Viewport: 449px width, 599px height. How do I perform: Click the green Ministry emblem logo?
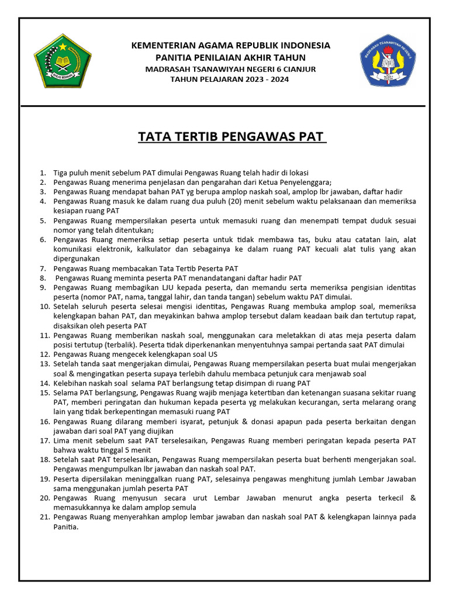pyautogui.click(x=58, y=61)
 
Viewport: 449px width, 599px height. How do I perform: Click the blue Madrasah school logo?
pyautogui.click(x=388, y=61)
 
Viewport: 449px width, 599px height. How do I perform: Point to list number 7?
pyautogui.click(x=43, y=268)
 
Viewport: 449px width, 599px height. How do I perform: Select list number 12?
pyautogui.click(x=43, y=354)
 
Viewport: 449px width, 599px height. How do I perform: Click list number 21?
pyautogui.click(x=43, y=517)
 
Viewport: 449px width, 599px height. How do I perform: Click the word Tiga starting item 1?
pyautogui.click(x=60, y=173)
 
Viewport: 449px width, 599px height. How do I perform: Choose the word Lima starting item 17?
pyautogui.click(x=62, y=440)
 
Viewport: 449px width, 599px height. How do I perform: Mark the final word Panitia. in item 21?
pyautogui.click(x=65, y=526)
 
